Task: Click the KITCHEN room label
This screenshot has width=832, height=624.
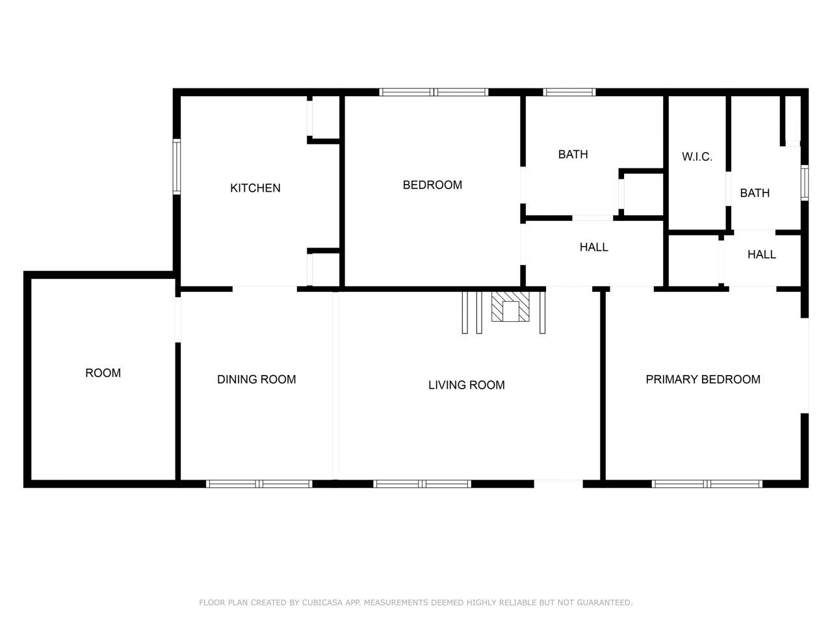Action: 255,188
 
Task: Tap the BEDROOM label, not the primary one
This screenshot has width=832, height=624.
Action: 432,185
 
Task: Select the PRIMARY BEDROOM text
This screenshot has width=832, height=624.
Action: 703,379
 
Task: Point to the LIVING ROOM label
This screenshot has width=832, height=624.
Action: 466,385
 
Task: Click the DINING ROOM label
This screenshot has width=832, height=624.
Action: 256,379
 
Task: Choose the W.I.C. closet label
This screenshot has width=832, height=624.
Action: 697,157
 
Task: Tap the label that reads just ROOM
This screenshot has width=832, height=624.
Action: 103,372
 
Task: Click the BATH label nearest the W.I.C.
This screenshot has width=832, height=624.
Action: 755,193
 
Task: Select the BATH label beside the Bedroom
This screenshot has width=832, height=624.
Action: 573,154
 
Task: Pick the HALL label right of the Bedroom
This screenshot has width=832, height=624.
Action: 593,247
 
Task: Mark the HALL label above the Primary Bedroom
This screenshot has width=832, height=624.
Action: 761,254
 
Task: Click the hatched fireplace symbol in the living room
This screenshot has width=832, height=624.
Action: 511,307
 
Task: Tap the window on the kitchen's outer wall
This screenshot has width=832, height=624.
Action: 176,166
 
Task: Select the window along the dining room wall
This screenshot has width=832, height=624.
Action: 259,484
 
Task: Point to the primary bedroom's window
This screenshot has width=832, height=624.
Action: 707,484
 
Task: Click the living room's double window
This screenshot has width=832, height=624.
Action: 422,484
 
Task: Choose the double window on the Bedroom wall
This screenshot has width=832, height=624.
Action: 434,92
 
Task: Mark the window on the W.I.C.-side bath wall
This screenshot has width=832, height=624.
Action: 804,182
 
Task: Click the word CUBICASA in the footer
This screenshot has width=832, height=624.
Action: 326,603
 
